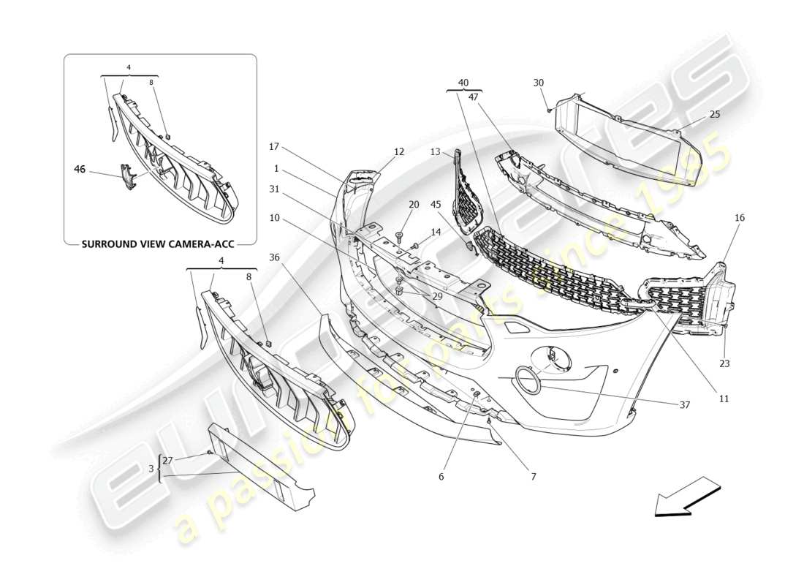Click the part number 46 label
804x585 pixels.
click(x=80, y=169)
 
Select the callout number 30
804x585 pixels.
click(x=539, y=83)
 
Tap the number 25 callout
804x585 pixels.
click(x=714, y=115)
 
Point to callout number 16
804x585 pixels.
click(x=740, y=218)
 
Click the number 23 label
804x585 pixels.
click(x=724, y=363)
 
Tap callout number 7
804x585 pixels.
click(x=533, y=476)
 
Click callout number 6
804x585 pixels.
click(x=441, y=476)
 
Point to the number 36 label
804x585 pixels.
click(x=274, y=257)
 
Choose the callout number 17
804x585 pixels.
click(x=274, y=146)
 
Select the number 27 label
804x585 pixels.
click(x=167, y=461)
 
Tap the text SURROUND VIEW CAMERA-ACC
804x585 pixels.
click(x=158, y=244)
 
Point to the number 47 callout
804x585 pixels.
click(x=473, y=96)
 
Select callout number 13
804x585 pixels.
click(x=435, y=152)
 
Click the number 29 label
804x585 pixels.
click(x=438, y=295)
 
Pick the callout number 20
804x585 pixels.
click(x=414, y=205)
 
